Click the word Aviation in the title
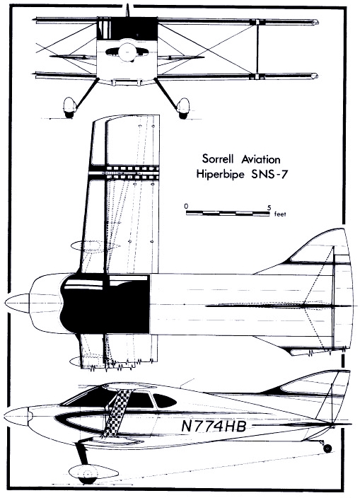click(261, 158)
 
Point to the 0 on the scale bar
click(186, 207)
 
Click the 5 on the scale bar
click(269, 208)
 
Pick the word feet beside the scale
click(280, 214)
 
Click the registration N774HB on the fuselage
click(214, 426)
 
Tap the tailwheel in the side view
click(327, 448)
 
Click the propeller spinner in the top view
click(17, 303)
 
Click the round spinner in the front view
click(127, 52)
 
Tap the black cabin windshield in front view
click(127, 28)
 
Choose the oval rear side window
click(165, 400)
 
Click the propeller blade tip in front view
click(127, 4)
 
